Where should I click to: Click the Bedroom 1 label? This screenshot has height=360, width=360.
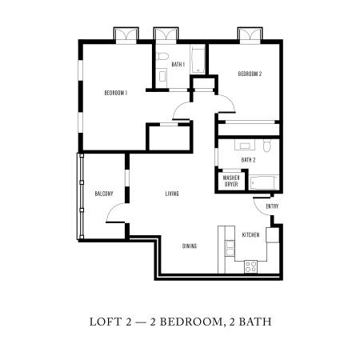116,93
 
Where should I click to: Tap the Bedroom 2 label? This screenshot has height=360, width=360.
250,74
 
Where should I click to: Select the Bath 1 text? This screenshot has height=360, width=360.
178,64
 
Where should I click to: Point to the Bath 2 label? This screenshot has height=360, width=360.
248,160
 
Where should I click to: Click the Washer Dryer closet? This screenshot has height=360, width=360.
231,181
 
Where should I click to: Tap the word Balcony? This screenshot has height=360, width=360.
104,194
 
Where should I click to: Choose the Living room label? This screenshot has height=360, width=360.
172,194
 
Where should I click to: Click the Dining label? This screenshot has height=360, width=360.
190,246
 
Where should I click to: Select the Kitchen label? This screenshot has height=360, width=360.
250,234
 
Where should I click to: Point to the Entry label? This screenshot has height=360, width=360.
272,206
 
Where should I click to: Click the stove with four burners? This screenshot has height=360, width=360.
250,266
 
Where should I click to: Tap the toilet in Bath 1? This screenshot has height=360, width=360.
162,57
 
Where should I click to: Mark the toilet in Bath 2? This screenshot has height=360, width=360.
267,146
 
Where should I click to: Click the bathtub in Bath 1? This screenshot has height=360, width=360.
198,59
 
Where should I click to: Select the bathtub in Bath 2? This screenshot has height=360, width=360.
264,182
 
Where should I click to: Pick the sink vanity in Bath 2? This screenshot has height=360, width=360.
245,145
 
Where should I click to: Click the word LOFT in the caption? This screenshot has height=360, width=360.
106,322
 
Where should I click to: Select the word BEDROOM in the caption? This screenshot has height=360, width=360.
190,322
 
